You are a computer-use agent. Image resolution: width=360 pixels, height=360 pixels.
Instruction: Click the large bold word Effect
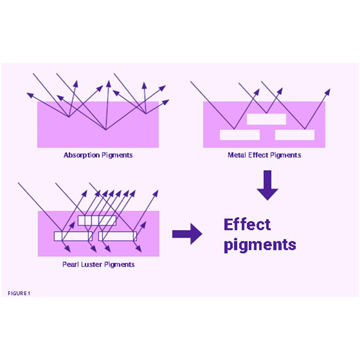pos(247,224)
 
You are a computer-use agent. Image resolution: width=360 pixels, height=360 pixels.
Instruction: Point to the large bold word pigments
pos(260,245)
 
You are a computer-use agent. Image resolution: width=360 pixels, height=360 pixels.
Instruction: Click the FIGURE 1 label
pos(19,293)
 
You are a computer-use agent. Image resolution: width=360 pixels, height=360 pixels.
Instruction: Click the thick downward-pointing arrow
pos(267,185)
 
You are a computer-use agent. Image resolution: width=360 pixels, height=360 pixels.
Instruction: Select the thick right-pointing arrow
pos(187,234)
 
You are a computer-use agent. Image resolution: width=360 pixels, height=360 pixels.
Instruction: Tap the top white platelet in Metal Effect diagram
pos(266,119)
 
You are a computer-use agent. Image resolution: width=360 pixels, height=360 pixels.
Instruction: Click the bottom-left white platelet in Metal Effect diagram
pos(240,135)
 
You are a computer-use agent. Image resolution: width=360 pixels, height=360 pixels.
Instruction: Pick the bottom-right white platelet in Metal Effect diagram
pos(295,135)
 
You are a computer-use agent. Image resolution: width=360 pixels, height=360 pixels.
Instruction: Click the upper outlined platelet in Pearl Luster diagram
pos(97,221)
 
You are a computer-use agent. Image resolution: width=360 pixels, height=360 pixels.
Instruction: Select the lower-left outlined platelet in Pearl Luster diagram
pos(73,237)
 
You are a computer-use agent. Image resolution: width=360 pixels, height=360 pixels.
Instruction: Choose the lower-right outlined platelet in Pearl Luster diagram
pos(118,237)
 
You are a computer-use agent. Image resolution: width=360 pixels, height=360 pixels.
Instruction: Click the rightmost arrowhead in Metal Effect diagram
pos(328,92)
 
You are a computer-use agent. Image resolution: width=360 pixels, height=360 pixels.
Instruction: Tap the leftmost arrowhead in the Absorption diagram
pos(30,95)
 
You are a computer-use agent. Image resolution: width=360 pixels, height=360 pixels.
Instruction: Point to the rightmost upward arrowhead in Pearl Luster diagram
pos(156,194)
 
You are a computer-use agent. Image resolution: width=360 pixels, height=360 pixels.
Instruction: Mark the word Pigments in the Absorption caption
pos(117,156)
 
